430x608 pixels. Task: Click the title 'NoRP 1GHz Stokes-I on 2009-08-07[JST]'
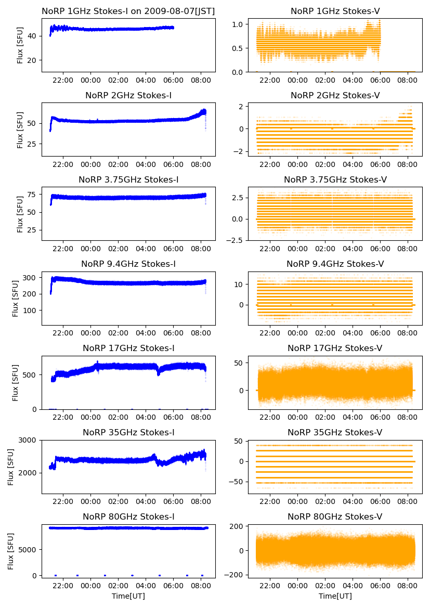click(128, 11)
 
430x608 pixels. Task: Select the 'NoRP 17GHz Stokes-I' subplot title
click(128, 348)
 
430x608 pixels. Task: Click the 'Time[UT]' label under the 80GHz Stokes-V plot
click(335, 596)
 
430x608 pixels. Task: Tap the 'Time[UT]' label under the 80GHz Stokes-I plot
click(128, 596)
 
